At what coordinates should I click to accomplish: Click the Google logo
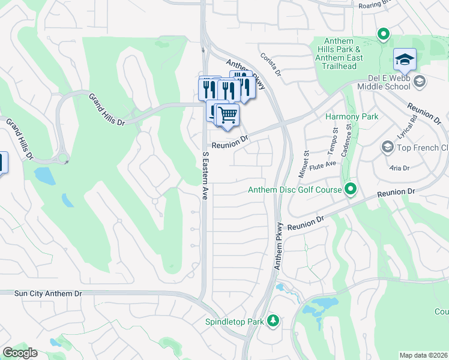click(x=20, y=353)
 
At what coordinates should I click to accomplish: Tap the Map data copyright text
click(x=424, y=355)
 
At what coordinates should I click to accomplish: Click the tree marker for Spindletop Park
click(x=273, y=321)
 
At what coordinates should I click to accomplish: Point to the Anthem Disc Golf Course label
click(x=295, y=190)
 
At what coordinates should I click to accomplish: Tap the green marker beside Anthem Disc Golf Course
click(x=351, y=190)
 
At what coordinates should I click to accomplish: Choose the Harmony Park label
click(x=352, y=116)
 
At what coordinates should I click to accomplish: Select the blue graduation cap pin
click(x=405, y=60)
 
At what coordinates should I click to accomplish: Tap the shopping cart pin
click(x=228, y=115)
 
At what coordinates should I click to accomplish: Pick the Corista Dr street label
click(x=271, y=64)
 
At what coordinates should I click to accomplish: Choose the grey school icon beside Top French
click(x=387, y=147)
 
